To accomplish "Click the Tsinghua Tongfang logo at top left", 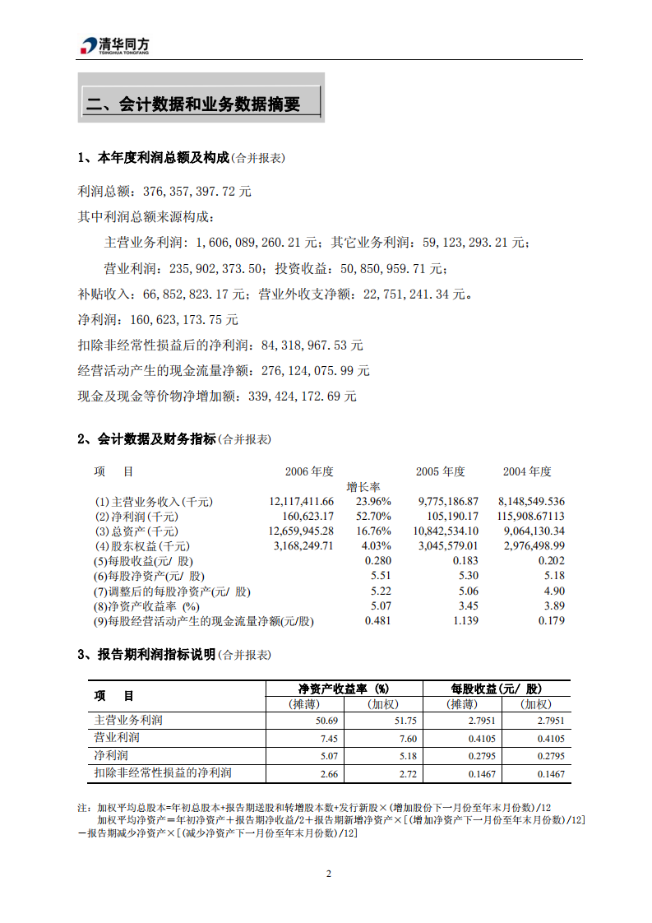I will click(114, 47).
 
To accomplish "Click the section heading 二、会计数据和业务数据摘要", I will click(194, 105).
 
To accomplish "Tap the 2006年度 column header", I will click(309, 471).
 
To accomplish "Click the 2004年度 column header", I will click(527, 471).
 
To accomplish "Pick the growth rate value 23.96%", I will click(373, 501).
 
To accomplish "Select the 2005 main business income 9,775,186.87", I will click(448, 501).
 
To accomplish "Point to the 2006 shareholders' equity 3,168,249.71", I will click(301, 546).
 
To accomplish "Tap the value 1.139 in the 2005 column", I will click(465, 621).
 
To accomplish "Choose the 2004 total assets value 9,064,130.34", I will click(532, 531).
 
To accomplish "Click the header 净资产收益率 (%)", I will click(343, 689).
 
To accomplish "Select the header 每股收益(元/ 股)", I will click(497, 689).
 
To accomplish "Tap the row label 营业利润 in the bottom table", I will click(117, 738).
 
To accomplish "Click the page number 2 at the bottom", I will click(328, 874).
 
